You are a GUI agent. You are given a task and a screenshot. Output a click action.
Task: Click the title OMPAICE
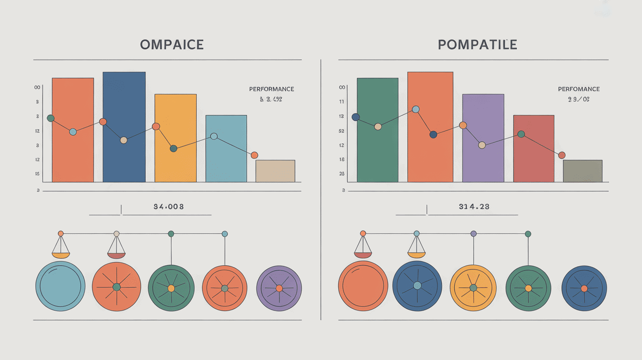[x=172, y=45]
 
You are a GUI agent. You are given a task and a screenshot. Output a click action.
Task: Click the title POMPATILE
[x=477, y=45]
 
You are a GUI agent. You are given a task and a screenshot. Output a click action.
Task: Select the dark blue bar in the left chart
[x=124, y=161]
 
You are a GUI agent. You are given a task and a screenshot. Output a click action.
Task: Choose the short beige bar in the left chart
[x=275, y=171]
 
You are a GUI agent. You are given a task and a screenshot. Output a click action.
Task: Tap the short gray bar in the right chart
[x=582, y=171]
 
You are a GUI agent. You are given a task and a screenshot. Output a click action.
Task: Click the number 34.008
[x=169, y=207]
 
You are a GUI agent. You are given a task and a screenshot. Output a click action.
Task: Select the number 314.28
[x=474, y=207]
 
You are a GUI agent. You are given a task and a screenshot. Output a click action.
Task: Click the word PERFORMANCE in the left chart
[x=272, y=89]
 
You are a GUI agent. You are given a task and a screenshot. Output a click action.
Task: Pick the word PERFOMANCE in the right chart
[x=579, y=89]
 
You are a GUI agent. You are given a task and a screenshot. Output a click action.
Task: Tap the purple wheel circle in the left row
[x=279, y=288]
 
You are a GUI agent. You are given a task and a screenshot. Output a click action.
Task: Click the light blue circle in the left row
[x=61, y=286]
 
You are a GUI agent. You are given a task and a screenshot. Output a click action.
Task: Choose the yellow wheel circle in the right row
[x=473, y=288]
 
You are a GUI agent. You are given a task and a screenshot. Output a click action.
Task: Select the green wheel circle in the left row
[x=171, y=288]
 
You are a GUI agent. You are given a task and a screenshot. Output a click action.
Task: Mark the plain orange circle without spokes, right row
[x=363, y=286]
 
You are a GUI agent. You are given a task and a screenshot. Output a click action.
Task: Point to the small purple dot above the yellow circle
[x=473, y=234]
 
